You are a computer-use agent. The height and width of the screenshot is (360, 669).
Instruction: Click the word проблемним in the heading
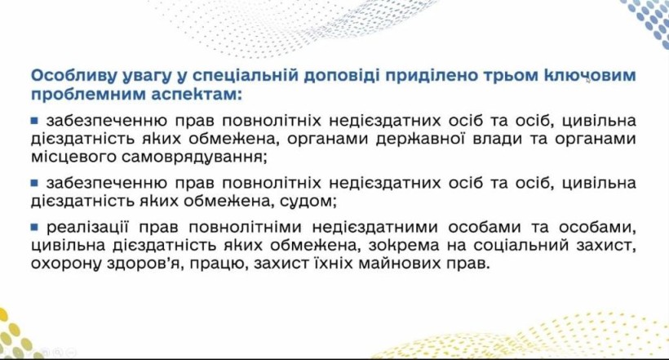click(89, 95)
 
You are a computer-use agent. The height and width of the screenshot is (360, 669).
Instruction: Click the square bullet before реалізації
click(34, 227)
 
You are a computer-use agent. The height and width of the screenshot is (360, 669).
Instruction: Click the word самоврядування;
click(194, 158)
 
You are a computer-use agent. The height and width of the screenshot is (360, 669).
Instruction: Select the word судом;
click(308, 201)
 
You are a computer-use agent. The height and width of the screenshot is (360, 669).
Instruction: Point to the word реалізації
click(87, 228)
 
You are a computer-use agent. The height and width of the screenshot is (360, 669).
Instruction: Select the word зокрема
click(403, 246)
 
